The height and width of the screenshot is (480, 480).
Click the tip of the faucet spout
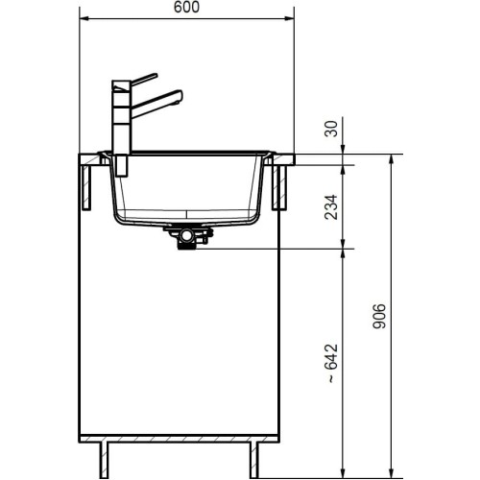[x=179, y=94]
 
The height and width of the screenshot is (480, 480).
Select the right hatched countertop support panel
[x=282, y=185]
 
